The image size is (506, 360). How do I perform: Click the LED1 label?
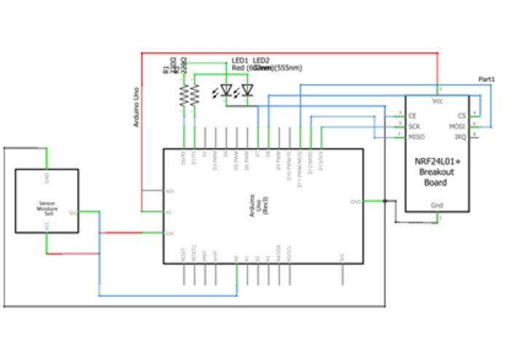pos(240,60)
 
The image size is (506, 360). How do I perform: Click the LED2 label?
pos(261,60)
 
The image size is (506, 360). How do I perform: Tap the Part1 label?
pos(486,79)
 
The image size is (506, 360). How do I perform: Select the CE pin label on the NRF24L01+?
pos(412,115)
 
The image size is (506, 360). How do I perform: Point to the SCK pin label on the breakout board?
pos(414,126)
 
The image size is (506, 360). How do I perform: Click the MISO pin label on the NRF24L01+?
pos(416,136)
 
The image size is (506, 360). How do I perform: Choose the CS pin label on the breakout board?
pos(461,115)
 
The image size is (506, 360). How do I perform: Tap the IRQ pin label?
pos(459,136)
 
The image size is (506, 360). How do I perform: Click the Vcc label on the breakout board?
pos(438,101)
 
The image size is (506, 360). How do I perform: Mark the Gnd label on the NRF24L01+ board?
pos(437,205)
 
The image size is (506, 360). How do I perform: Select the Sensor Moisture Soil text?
pos(47,210)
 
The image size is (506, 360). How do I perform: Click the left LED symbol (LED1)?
pos(226,91)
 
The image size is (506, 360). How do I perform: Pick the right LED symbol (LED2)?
pos(247,91)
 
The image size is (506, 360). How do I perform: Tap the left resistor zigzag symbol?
pos(183,95)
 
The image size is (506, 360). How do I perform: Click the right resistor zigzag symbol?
pos(194,95)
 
